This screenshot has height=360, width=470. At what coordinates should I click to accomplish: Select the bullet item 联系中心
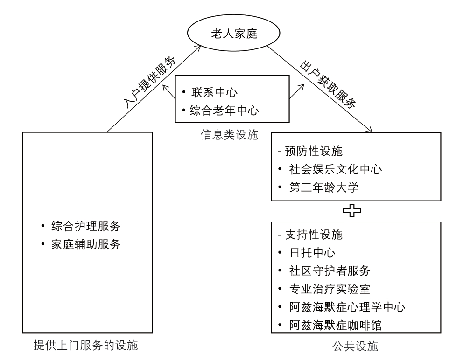[x=215, y=92]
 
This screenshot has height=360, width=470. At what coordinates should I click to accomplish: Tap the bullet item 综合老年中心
[x=224, y=111]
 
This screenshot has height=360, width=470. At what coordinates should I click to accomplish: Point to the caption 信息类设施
[x=229, y=135]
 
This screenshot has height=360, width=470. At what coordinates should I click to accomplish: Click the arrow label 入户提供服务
[x=149, y=82]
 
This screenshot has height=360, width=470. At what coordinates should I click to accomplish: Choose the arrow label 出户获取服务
[x=328, y=84]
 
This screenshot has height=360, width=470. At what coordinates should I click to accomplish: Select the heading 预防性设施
[x=314, y=151]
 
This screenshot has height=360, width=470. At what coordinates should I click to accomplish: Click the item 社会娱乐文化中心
[x=336, y=169]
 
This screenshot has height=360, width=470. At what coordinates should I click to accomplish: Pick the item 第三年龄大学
[x=324, y=187]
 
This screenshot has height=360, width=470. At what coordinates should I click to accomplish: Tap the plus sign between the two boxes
[x=352, y=211]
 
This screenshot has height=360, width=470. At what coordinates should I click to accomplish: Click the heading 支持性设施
[x=314, y=235]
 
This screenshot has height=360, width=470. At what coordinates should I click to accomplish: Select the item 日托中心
[x=312, y=253]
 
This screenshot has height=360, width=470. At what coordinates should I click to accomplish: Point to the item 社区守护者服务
[x=330, y=271]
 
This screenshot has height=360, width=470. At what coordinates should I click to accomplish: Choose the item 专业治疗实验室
[x=330, y=289]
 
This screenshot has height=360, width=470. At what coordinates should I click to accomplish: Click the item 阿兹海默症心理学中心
[x=347, y=307]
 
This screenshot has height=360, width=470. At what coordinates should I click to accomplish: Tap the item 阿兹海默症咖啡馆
[x=336, y=325]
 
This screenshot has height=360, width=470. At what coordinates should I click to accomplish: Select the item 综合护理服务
[x=86, y=226]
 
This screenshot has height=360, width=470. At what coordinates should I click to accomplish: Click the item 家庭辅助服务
[x=86, y=244]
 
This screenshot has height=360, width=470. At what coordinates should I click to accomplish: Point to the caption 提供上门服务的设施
[x=86, y=345]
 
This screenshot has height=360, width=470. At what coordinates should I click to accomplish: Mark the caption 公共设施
[x=355, y=346]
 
